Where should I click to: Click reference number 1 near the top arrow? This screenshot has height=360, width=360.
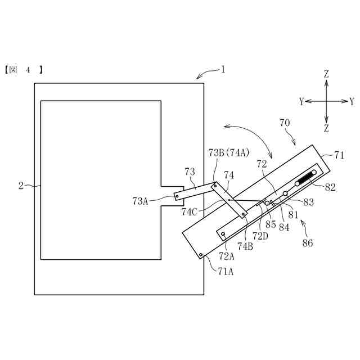tap(223, 70)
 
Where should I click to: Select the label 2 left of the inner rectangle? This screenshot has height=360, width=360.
tap(21, 185)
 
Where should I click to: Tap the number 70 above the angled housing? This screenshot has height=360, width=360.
tap(285, 122)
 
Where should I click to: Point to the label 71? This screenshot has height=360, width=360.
tap(339, 154)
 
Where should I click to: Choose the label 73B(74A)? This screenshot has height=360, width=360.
tap(229, 152)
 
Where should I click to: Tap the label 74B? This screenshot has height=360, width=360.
tap(245, 245)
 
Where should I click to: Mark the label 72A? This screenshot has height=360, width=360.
tap(227, 256)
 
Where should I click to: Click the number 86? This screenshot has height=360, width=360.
tap(307, 243)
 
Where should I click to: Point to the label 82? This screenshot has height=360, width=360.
tap(330, 187)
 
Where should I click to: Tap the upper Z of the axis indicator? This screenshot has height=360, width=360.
tap(326, 74)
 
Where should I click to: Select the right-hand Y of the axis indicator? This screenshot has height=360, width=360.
tap(352, 101)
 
